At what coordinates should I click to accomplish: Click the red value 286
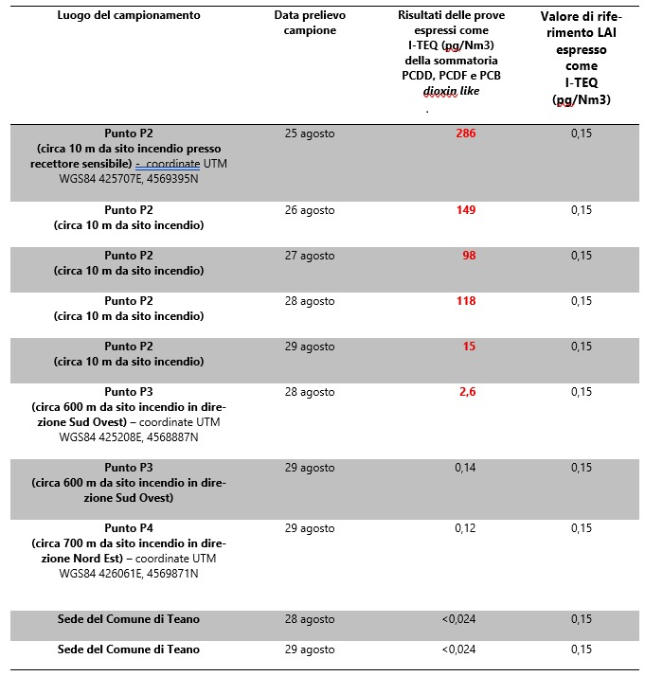click(465, 133)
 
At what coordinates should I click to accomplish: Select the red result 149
click(465, 209)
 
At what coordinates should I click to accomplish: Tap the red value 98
click(468, 255)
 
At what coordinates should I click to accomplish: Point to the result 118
click(465, 300)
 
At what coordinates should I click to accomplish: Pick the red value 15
click(469, 346)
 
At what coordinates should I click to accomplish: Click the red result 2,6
click(467, 391)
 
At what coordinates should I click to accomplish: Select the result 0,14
click(465, 467)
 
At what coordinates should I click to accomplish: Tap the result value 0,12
click(465, 527)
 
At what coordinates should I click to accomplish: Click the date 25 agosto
click(310, 133)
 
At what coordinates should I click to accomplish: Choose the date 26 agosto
click(310, 209)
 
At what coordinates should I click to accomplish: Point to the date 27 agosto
click(310, 255)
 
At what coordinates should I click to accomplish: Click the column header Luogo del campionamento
click(129, 16)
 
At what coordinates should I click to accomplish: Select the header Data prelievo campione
click(310, 23)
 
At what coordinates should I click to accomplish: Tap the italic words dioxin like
click(451, 91)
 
